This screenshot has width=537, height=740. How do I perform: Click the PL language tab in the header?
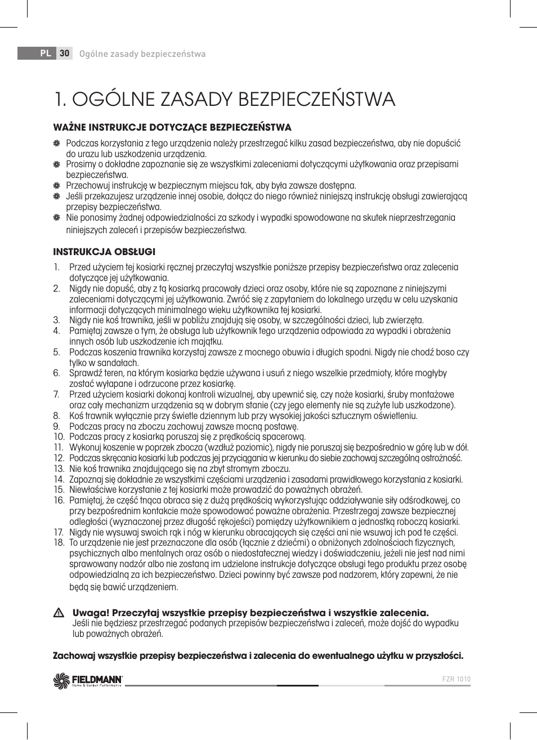pos(45,54)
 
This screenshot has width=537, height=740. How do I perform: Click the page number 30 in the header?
pos(64,54)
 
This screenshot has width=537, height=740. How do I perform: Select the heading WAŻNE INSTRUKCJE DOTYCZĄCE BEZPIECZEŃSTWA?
pos(172,127)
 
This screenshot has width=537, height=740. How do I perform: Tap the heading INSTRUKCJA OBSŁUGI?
pos(104,252)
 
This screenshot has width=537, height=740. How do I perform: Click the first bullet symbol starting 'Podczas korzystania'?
pos(57,144)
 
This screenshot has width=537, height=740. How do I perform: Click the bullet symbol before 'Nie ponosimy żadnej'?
pos(57,217)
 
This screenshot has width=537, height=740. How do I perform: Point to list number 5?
pos(57,353)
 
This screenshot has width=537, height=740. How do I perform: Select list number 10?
pos(59,437)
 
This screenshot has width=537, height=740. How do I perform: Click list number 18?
pos(59,543)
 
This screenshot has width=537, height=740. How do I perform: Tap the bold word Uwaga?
pos(91,613)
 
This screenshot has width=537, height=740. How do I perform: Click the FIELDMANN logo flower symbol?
pos(60,681)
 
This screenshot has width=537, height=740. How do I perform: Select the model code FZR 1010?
pos(457,679)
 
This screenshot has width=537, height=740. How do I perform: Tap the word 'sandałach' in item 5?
pos(120,363)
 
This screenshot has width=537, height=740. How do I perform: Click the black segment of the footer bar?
pos(297,685)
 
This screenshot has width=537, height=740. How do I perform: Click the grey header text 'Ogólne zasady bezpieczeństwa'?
pos(142,54)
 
